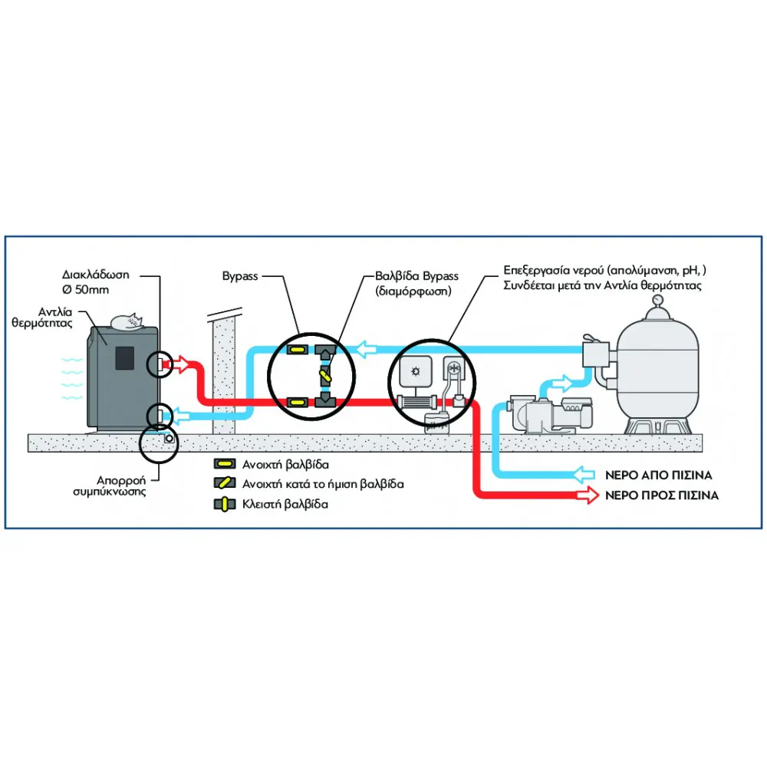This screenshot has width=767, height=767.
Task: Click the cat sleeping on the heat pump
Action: click(x=127, y=322)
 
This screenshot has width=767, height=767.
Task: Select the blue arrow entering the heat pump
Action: click(x=180, y=416)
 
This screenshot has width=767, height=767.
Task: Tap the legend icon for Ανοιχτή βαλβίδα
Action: click(x=225, y=464)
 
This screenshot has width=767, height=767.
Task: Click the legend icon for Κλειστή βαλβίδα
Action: click(x=225, y=505)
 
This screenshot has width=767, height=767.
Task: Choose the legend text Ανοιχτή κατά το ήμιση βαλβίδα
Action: click(x=323, y=485)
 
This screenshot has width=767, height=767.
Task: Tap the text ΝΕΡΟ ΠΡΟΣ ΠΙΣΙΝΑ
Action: click(x=661, y=495)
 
